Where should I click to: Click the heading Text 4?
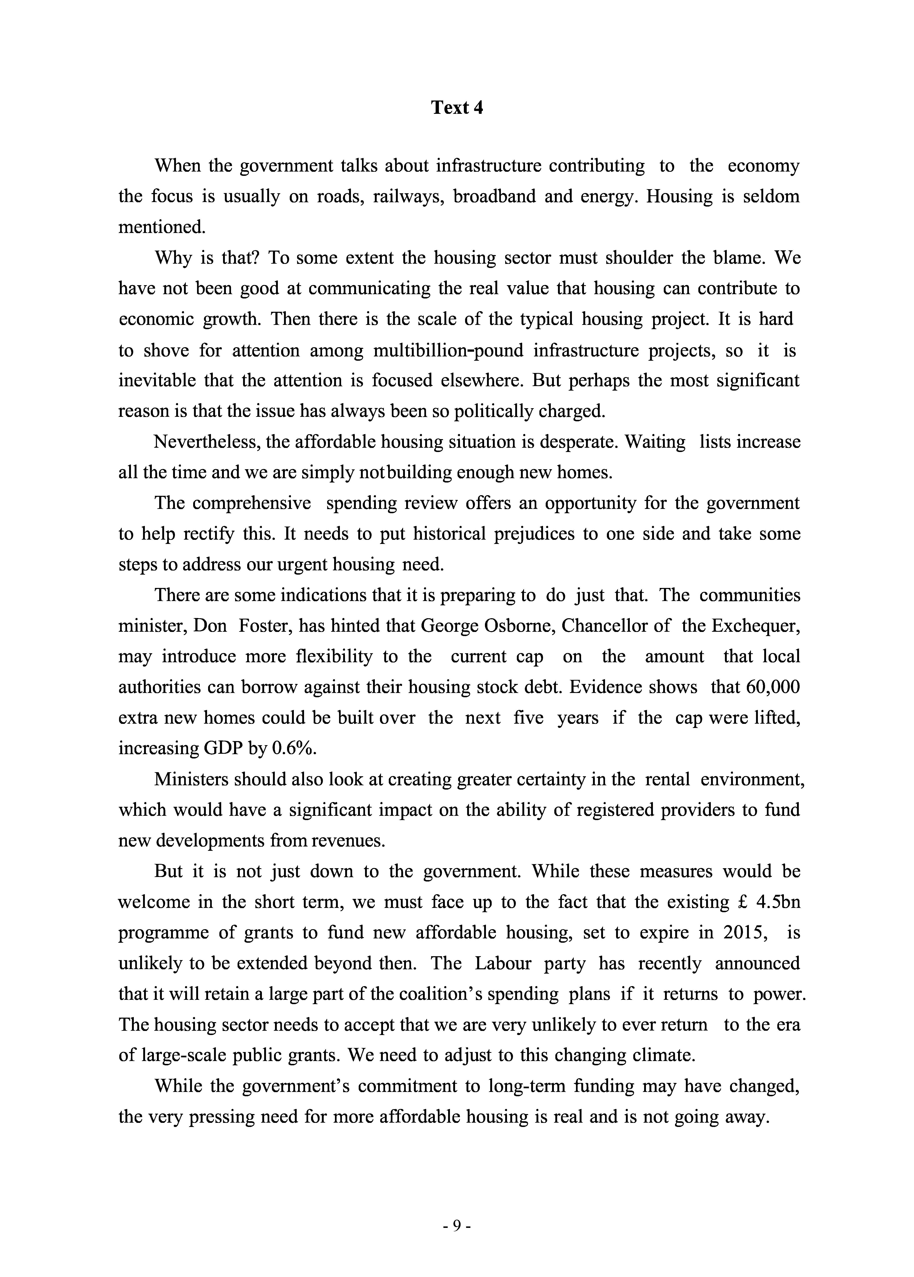[x=456, y=107]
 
